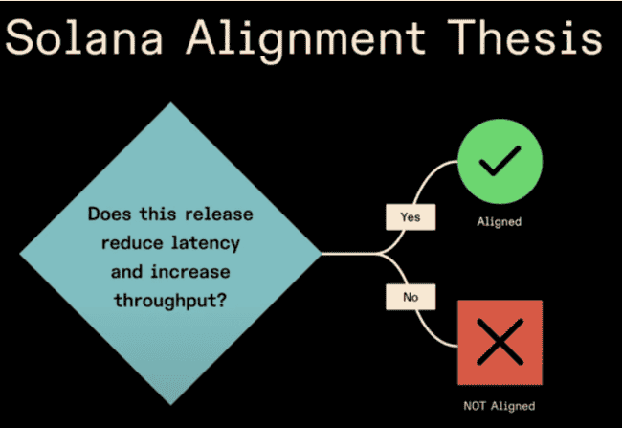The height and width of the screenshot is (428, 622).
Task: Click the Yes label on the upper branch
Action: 411,217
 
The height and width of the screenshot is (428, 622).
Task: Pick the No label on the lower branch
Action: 411,298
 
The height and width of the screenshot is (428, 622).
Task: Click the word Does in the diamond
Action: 108,214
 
